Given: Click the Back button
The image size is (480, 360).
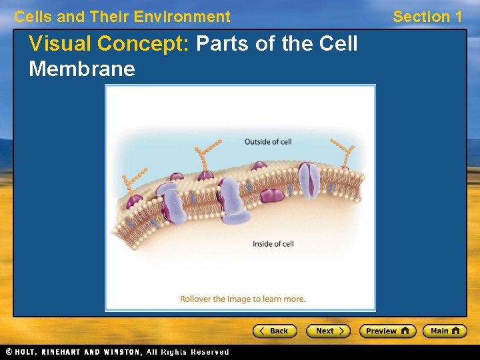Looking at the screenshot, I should point(274,331).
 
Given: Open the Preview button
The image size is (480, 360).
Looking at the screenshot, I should point(387,331).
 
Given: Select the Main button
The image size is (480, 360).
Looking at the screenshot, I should point(445,331).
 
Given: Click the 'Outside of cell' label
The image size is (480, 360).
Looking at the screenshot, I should point(267,141).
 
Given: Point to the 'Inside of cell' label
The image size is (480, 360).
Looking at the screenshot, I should point(273,244).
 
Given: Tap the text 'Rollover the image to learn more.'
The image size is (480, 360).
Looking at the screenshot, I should point(242,299).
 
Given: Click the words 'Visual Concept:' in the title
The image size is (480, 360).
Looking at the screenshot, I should point(109,44).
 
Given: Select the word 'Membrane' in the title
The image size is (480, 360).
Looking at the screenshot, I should point(82,69).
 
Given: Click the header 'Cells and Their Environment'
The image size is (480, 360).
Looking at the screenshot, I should point(122,17).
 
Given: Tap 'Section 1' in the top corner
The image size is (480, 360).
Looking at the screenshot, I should point(427,17).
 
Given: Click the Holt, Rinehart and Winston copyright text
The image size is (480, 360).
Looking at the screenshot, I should point(117,352).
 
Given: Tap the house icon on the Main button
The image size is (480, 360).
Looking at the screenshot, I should point(456,331).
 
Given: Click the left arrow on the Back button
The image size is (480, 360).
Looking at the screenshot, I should point(262,331).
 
